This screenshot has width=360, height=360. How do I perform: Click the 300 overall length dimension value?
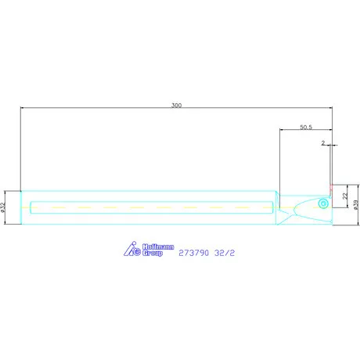(175, 105)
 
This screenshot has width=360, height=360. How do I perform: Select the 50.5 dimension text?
(306, 126)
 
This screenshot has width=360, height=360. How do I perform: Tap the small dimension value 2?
(322, 143)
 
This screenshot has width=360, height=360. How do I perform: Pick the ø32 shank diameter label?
(4, 207)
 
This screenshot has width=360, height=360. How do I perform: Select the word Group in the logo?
(153, 253)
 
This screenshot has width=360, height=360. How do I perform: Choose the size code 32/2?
(226, 254)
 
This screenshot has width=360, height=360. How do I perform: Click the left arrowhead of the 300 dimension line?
(23, 109)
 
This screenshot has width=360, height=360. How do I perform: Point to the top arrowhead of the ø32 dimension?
(6, 191)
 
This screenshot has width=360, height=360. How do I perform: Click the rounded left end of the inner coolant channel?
(31, 207)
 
